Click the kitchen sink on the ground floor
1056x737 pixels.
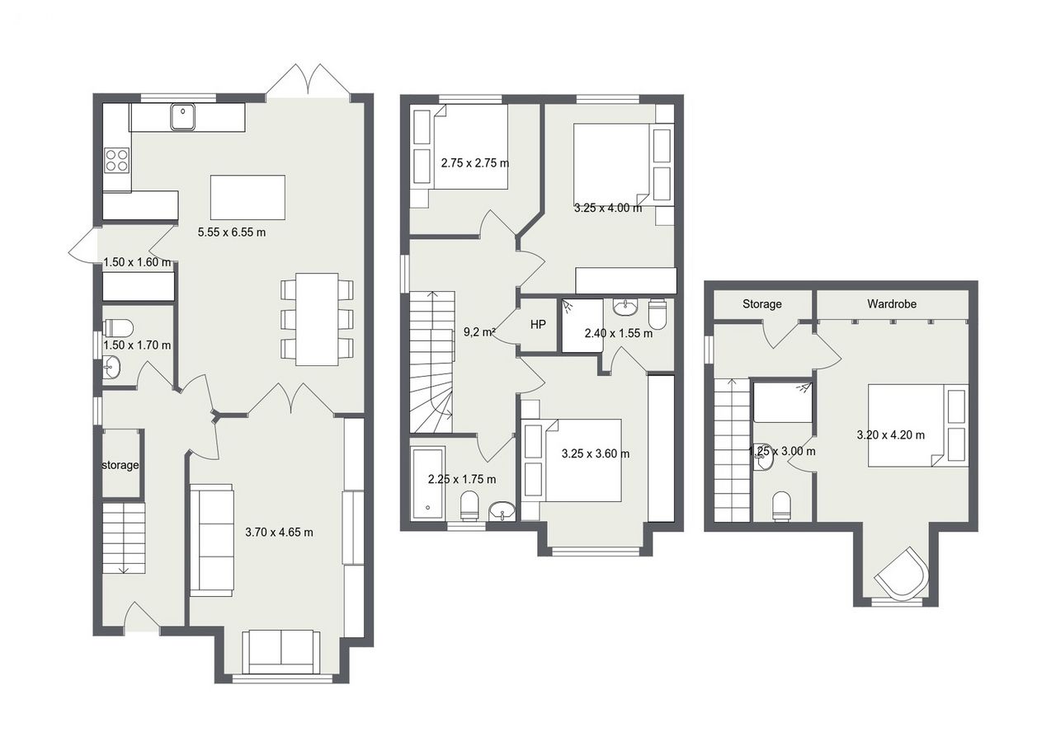pyautogui.click(x=183, y=117)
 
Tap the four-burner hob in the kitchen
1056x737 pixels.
pyautogui.click(x=117, y=160)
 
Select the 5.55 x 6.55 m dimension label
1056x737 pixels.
pyautogui.click(x=232, y=232)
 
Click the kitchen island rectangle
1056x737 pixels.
pyautogui.click(x=247, y=198)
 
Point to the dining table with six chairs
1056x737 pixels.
pyautogui.click(x=317, y=319)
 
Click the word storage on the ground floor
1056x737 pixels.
pyautogui.click(x=120, y=465)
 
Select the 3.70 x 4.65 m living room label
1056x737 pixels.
pyautogui.click(x=279, y=533)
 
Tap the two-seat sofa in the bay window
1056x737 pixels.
pyautogui.click(x=281, y=652)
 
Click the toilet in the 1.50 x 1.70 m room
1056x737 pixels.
pyautogui.click(x=118, y=327)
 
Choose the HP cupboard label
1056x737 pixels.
pyautogui.click(x=538, y=324)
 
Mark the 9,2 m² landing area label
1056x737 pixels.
pyautogui.click(x=479, y=332)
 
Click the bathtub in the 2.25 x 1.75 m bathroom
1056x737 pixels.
pyautogui.click(x=428, y=483)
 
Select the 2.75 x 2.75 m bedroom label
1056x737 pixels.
pyautogui.click(x=475, y=163)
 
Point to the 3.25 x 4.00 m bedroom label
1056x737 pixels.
pyautogui.click(x=608, y=208)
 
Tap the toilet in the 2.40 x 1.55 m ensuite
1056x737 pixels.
pyautogui.click(x=658, y=313)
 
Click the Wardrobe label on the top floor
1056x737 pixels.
pyautogui.click(x=892, y=304)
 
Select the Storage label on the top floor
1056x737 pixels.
pyautogui.click(x=762, y=304)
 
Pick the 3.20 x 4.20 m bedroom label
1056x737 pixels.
pyautogui.click(x=891, y=435)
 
